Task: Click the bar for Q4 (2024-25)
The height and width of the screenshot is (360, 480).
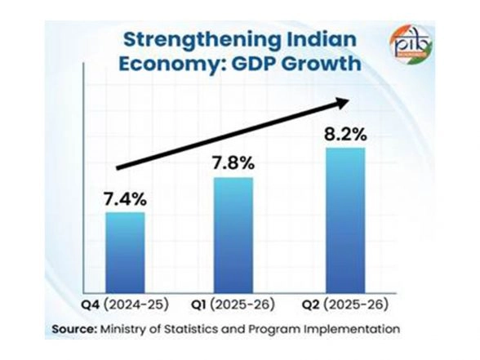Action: click(x=125, y=254)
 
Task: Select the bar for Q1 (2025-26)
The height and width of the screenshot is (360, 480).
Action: click(x=233, y=236)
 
